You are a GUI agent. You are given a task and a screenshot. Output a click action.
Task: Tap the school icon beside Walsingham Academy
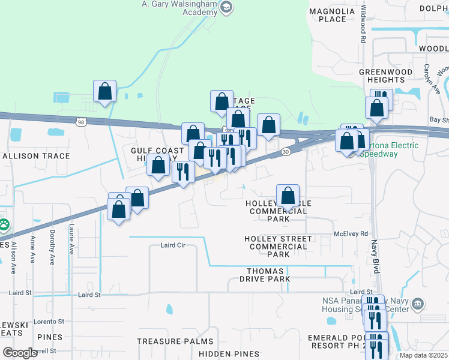(226, 7)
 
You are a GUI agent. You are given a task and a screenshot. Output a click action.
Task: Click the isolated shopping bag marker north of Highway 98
(105, 92)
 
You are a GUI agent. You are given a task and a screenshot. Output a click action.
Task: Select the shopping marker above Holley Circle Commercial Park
(288, 195)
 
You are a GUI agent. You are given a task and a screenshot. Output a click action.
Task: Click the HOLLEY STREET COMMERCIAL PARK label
(279, 247)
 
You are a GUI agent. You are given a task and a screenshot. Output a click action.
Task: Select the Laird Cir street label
(175, 245)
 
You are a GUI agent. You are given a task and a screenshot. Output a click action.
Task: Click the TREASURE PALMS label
(175, 341)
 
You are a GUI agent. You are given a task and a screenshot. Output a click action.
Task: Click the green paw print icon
(4, 226)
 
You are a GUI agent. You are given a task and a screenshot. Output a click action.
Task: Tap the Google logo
(20, 353)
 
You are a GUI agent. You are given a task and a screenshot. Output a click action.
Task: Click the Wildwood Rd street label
(363, 25)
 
